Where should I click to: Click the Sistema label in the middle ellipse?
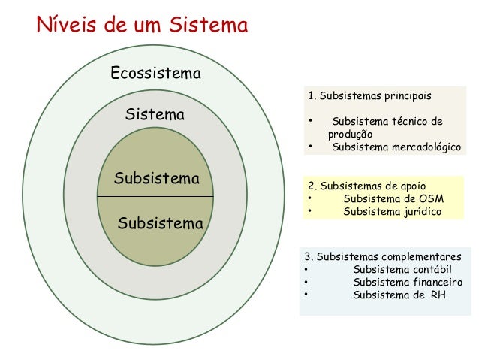tap(155, 116)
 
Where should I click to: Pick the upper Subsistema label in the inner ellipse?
tap(156, 179)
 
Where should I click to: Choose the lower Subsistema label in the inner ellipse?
tap(161, 224)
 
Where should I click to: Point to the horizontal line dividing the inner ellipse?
tap(155, 196)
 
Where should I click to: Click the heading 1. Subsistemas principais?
tap(369, 96)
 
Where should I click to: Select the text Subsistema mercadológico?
tap(396, 147)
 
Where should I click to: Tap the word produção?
tap(350, 134)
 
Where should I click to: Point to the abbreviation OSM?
tap(431, 198)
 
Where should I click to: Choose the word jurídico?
tap(420, 212)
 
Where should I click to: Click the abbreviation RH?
tap(438, 295)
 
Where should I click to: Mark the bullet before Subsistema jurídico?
tap(309, 212)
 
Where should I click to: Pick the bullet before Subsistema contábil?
tap(306, 269)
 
